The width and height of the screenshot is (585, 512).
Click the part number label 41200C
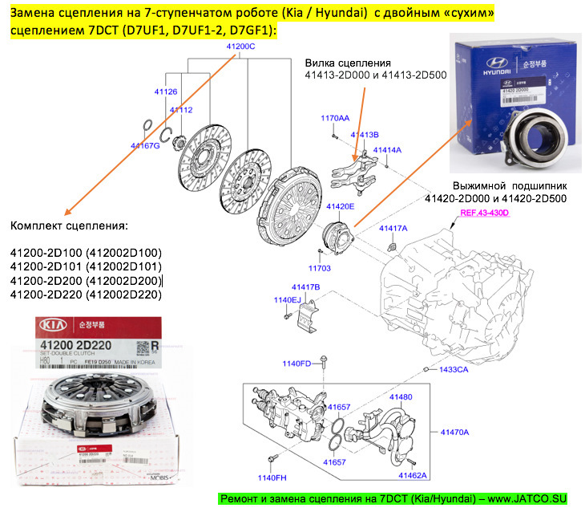pyautogui.click(x=240, y=47)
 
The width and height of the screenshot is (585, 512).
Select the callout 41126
pyautogui.click(x=166, y=92)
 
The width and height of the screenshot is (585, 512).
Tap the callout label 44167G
pyautogui.click(x=145, y=146)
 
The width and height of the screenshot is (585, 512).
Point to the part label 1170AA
pyautogui.click(x=335, y=118)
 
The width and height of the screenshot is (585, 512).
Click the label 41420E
pyautogui.click(x=340, y=206)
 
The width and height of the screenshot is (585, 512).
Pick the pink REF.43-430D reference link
pyautogui.click(x=485, y=213)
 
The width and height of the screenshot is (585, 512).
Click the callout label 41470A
pyautogui.click(x=454, y=432)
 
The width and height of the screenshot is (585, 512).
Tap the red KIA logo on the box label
pyautogui.click(x=50, y=327)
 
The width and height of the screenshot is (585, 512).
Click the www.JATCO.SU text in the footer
pyautogui.click(x=531, y=499)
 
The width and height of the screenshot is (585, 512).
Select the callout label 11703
pyautogui.click(x=320, y=267)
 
